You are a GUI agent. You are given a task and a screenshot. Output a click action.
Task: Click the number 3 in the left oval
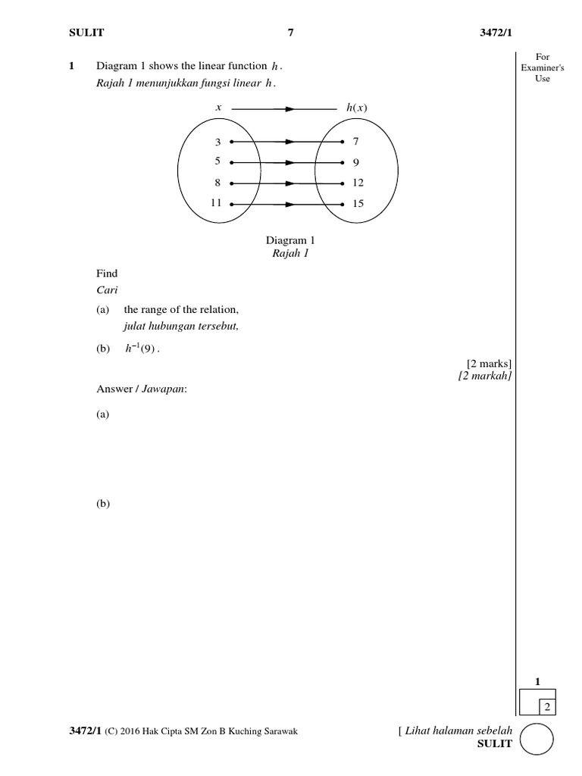pos(217,142)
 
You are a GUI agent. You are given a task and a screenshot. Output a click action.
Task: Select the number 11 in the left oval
pos(215,204)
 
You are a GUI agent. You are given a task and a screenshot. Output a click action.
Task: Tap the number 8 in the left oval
pos(217,183)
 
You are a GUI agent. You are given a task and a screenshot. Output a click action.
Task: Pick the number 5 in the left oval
pos(217,162)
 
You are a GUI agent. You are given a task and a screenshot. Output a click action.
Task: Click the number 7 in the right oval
pos(355,142)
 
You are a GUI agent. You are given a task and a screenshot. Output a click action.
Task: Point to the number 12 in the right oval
pos(358,183)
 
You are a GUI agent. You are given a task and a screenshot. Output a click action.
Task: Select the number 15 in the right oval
pos(358,204)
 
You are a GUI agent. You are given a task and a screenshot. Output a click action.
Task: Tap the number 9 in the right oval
pos(355,162)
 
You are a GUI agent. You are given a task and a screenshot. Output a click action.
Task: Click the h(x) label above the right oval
pos(356,108)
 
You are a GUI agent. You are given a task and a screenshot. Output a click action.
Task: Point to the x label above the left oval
pos(218,108)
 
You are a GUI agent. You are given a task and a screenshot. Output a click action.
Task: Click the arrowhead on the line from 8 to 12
pos(289,183)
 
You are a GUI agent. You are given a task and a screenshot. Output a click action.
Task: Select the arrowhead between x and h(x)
pos(289,109)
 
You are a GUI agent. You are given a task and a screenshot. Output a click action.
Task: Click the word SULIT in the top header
pos(87,32)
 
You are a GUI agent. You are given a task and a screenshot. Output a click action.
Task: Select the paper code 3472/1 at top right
pos(497,32)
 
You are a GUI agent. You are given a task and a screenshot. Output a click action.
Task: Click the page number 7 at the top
pos(290,32)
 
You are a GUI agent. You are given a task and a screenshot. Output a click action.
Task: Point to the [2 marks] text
pos(490,363)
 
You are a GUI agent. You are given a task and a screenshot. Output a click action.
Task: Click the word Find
pos(107,274)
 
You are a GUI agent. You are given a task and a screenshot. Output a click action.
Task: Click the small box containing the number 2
pos(546,707)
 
